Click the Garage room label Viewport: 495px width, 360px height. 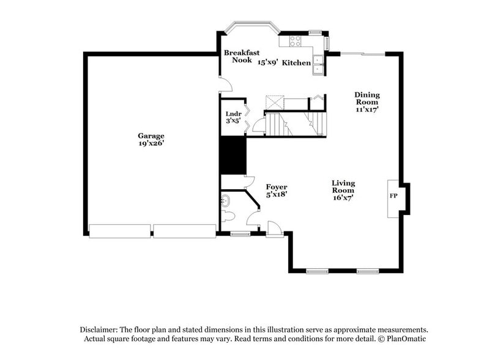[151, 135]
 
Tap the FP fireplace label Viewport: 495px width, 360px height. [393, 196]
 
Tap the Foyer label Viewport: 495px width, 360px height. [277, 187]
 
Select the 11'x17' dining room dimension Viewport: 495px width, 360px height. [367, 110]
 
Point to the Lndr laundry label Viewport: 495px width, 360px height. [233, 114]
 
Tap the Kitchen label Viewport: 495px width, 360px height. [297, 62]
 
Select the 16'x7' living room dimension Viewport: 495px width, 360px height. [343, 198]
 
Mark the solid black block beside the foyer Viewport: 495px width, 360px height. [233, 156]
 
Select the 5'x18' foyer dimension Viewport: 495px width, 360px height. [277, 194]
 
